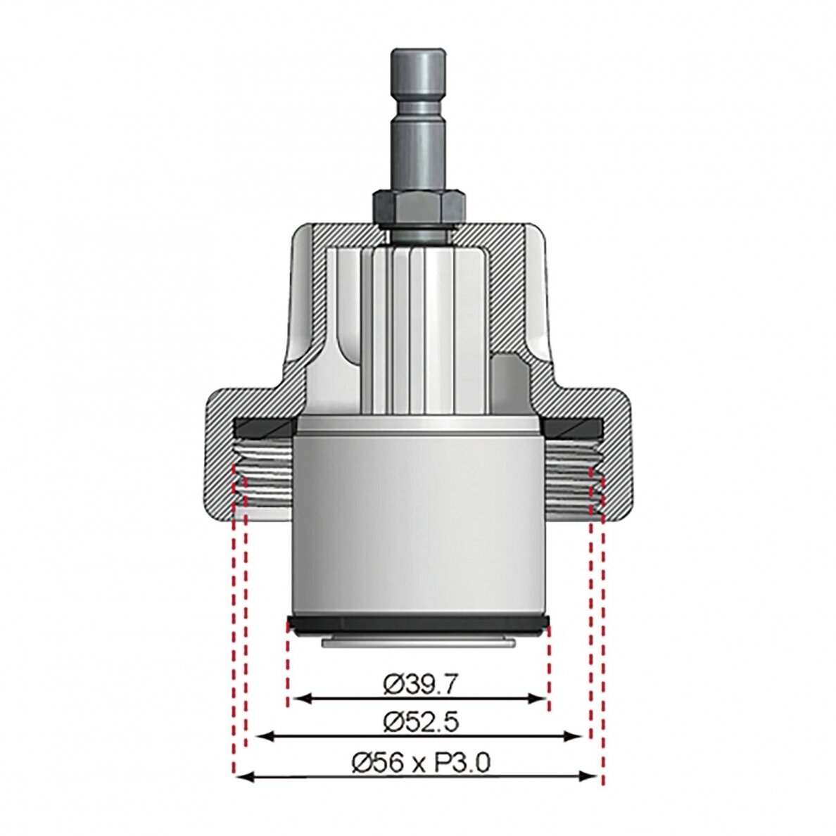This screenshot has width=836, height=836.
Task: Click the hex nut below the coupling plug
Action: point(417,205)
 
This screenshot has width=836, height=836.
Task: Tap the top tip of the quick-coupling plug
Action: point(417,53)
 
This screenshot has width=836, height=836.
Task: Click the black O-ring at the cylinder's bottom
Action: point(418,625)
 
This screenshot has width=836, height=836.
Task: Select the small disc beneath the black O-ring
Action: point(418,642)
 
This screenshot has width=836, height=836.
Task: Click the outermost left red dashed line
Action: point(234,633)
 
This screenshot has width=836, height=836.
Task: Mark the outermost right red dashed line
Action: point(602,633)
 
